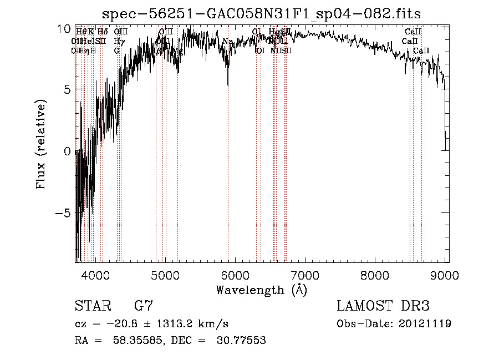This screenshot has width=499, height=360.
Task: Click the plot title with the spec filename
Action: point(262,13)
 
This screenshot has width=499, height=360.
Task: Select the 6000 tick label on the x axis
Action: point(235,275)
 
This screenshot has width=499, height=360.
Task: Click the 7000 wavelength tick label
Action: point(305,275)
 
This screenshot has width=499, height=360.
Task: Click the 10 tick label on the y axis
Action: point(64,28)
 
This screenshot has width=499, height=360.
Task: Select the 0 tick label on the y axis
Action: point(67,151)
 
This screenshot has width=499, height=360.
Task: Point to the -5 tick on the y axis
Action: point(63,213)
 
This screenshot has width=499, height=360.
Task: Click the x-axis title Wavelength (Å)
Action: point(261,290)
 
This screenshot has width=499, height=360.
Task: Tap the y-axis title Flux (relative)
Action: point(42,145)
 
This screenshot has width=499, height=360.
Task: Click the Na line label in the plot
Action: point(228,42)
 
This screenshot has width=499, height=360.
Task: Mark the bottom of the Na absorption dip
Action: point(228,85)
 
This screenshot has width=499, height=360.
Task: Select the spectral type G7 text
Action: point(144,306)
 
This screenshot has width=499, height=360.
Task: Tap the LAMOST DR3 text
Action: point(383,306)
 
